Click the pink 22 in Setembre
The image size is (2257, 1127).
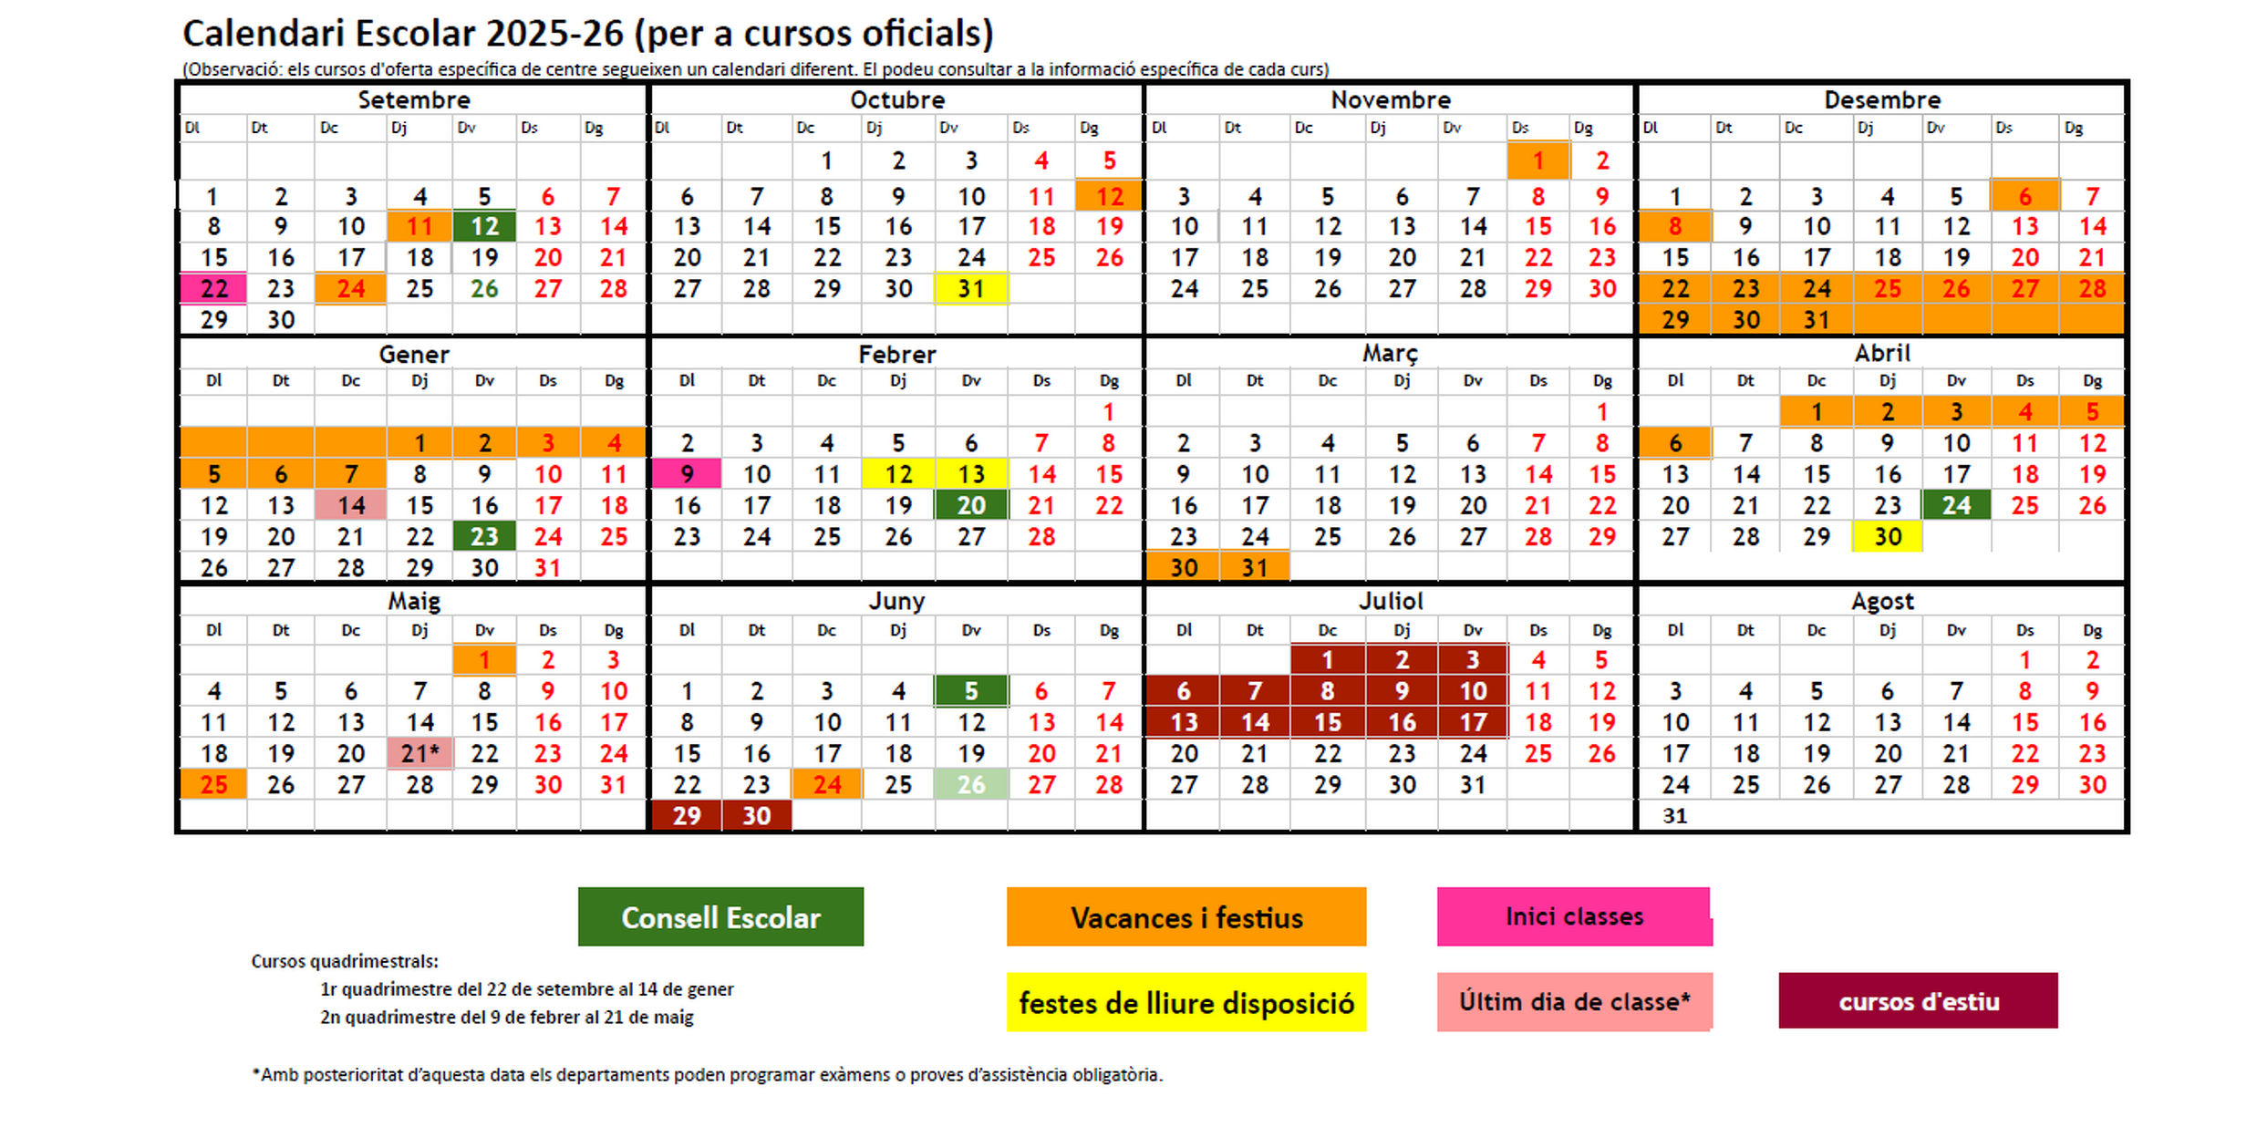[x=213, y=289]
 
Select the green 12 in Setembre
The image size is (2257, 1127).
[x=484, y=227]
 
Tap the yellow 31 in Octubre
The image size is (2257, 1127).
[x=970, y=289]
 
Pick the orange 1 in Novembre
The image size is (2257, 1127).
[x=1537, y=161]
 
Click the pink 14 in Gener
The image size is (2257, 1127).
[x=351, y=505]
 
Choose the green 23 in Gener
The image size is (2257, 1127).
[x=484, y=536]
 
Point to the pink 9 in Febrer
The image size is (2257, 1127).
[x=687, y=474]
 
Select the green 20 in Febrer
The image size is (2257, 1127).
[x=970, y=505]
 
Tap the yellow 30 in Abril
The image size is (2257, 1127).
[x=1887, y=536]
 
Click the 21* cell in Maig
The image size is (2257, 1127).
[x=419, y=753]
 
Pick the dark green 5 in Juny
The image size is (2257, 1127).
[x=970, y=691]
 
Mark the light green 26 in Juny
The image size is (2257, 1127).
[x=970, y=784]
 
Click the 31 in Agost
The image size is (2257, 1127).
[x=1674, y=815]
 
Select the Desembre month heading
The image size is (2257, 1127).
[x=1881, y=99]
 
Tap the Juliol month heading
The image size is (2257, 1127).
[x=1390, y=601]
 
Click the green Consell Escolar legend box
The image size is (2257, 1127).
[x=720, y=916]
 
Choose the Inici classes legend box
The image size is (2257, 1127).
[x=1574, y=916]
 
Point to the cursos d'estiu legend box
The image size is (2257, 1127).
[x=1918, y=1001]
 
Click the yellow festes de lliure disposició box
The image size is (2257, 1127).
[x=1185, y=1003]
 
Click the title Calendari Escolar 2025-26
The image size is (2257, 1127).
[x=587, y=34]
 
